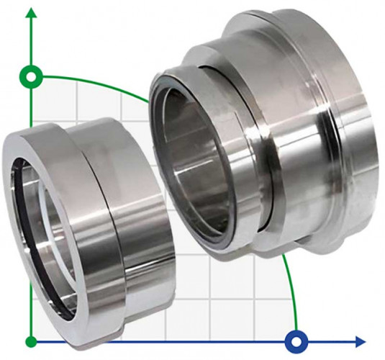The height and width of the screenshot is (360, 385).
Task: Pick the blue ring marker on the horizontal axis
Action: (x=296, y=341)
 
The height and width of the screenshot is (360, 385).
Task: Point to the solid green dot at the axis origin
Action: (x=30, y=341)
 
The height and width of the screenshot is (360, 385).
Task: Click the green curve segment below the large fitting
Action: (x=290, y=288)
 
